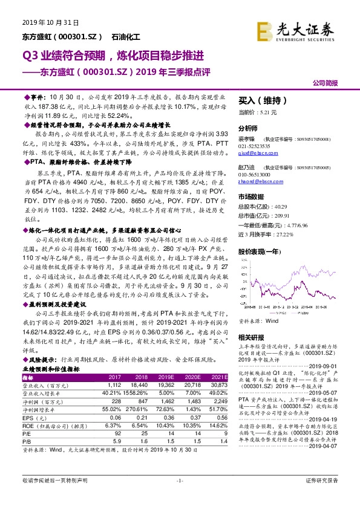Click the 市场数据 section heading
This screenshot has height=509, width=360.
click(x=250, y=197)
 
